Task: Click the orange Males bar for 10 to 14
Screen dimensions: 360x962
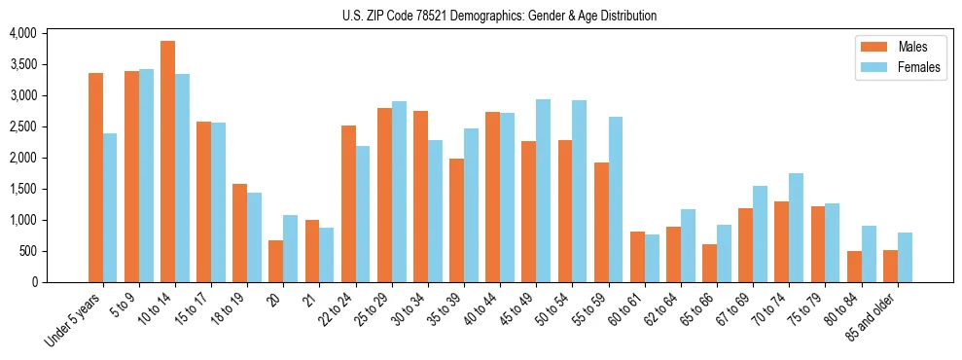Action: [167, 162]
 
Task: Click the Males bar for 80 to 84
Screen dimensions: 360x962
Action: [854, 267]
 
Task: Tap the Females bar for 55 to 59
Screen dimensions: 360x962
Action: [616, 199]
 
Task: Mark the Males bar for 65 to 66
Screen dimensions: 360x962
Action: [710, 263]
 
